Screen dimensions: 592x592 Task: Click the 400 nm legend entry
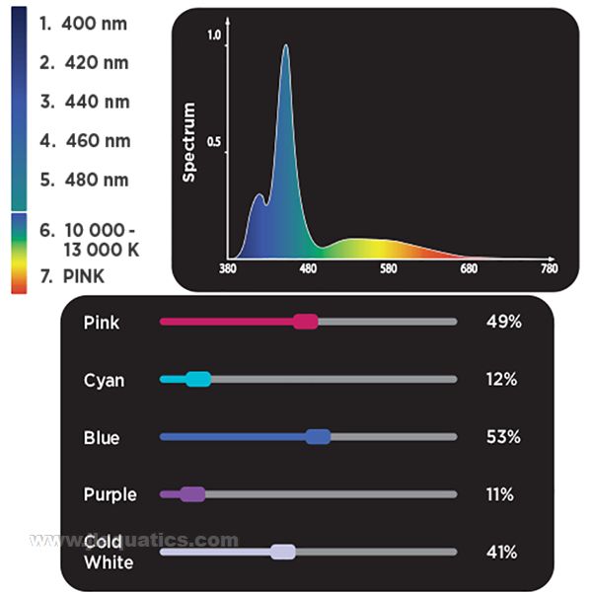coord(84,23)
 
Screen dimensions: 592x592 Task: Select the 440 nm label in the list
coord(84,102)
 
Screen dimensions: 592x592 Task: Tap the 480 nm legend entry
coord(84,180)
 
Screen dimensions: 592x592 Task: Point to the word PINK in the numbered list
coord(84,275)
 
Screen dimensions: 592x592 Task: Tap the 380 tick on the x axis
coord(228,269)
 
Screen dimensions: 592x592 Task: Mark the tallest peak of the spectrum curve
coord(286,45)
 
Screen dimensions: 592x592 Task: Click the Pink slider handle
coord(306,322)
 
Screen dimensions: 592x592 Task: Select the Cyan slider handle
coord(198,379)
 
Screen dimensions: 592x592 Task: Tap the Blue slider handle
coord(318,437)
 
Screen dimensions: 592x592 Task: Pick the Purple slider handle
coord(192,494)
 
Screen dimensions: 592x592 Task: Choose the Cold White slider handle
coord(283,553)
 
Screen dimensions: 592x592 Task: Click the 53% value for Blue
coord(502,437)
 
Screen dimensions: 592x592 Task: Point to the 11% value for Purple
coord(500,494)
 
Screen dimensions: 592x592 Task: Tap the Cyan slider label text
coord(105,380)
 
